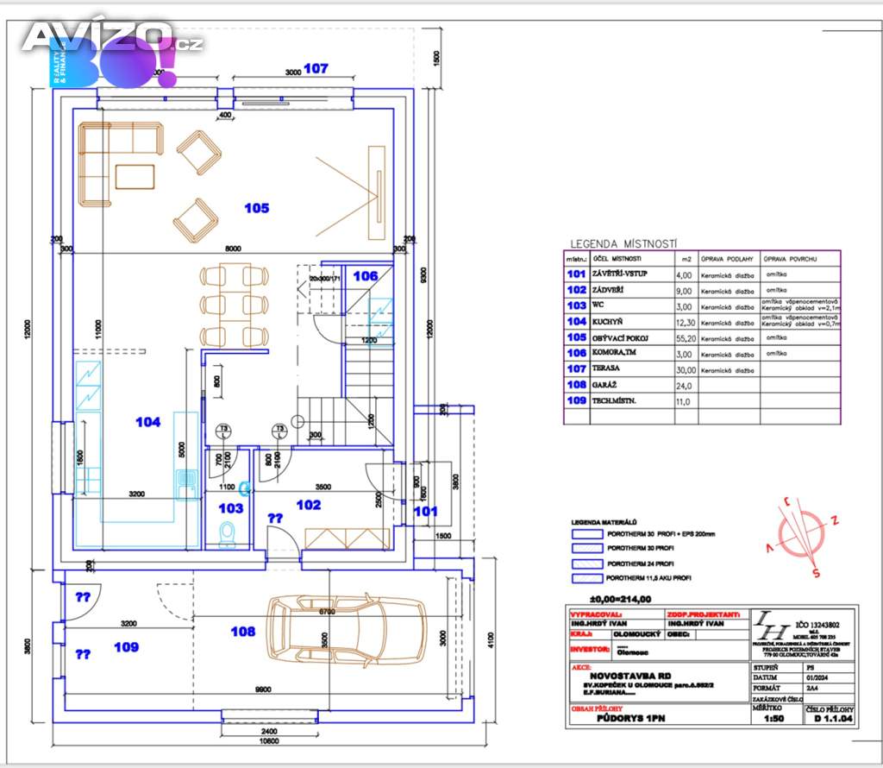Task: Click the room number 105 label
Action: (x=256, y=208)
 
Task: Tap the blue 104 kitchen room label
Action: (x=148, y=422)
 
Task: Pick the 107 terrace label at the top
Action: (x=316, y=69)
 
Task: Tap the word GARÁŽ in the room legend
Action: (x=604, y=385)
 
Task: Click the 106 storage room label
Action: (x=365, y=276)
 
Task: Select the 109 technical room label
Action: (x=126, y=646)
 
